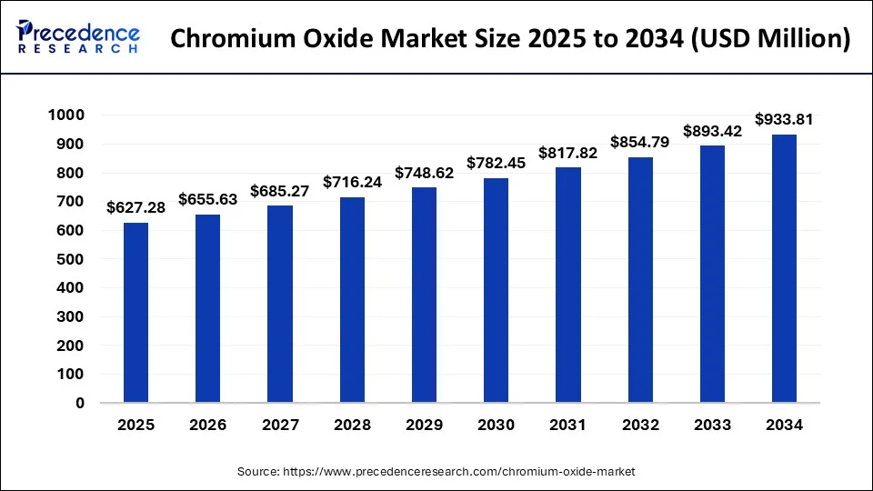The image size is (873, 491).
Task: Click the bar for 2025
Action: pyautogui.click(x=135, y=312)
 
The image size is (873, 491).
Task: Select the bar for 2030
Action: pyautogui.click(x=496, y=290)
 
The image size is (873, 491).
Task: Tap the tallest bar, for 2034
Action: pyautogui.click(x=784, y=268)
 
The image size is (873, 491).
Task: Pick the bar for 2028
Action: pyautogui.click(x=352, y=299)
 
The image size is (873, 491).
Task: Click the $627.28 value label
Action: pyautogui.click(x=135, y=208)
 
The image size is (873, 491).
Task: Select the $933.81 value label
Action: pyautogui.click(x=784, y=119)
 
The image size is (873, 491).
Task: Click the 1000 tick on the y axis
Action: pyautogui.click(x=67, y=115)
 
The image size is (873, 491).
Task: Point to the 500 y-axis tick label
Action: pyautogui.click(x=72, y=259)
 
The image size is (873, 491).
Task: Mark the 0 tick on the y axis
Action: pyautogui.click(x=80, y=403)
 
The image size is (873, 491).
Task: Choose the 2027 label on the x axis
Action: pyautogui.click(x=280, y=425)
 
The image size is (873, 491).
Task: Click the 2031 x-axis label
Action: pyautogui.click(x=567, y=425)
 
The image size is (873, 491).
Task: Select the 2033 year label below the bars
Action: pyautogui.click(x=712, y=425)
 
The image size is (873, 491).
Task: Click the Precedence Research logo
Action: pyautogui.click(x=78, y=38)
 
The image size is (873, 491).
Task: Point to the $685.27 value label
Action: pyautogui.click(x=280, y=191)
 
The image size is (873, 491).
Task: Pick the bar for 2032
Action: pyautogui.click(x=640, y=280)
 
